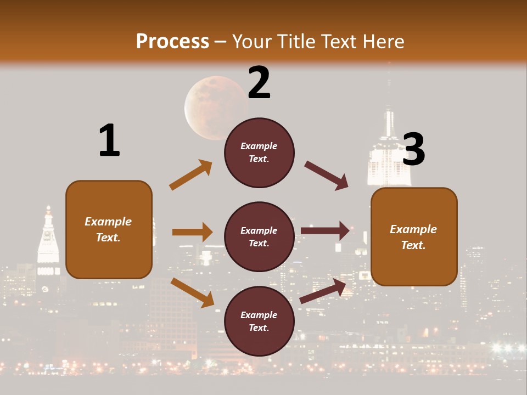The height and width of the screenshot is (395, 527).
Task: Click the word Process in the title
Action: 172,41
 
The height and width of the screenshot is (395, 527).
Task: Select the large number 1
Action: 109,140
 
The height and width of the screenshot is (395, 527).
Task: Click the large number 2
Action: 259,83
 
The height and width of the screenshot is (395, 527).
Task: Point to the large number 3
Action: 413,150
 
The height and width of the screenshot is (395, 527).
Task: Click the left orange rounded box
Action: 109,229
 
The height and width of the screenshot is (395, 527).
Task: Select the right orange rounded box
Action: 414,236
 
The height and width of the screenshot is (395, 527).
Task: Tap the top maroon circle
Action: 259,153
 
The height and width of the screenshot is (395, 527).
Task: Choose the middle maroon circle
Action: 259,236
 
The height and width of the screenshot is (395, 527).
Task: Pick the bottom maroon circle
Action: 259,321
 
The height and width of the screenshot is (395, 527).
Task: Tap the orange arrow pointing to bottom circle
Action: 192,292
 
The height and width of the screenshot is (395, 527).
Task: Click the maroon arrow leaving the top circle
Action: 327,176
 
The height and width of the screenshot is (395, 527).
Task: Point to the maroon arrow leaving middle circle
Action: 325,230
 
